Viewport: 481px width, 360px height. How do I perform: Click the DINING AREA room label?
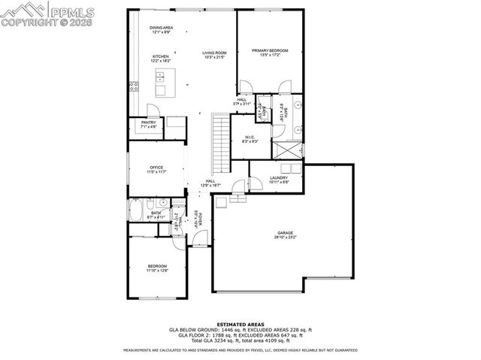(x=162, y=27)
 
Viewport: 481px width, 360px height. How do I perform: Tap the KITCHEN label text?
(x=162, y=56)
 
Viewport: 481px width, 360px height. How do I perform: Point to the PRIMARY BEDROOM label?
(x=270, y=50)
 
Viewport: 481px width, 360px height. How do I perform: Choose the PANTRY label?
(x=148, y=124)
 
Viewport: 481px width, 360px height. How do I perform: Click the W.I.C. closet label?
(x=251, y=137)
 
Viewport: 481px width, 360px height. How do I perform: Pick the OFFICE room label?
(x=156, y=167)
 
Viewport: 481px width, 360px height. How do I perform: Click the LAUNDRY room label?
(x=279, y=178)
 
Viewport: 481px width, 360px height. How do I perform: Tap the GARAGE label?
(x=285, y=233)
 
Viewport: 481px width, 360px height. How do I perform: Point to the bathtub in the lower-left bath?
(x=139, y=210)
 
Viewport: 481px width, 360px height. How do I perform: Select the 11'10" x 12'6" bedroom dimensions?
(x=157, y=271)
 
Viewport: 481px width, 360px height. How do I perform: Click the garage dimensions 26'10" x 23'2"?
(x=285, y=237)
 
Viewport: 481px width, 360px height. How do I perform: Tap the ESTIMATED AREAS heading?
(x=240, y=324)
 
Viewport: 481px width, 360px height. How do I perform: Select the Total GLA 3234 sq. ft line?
(x=240, y=341)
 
